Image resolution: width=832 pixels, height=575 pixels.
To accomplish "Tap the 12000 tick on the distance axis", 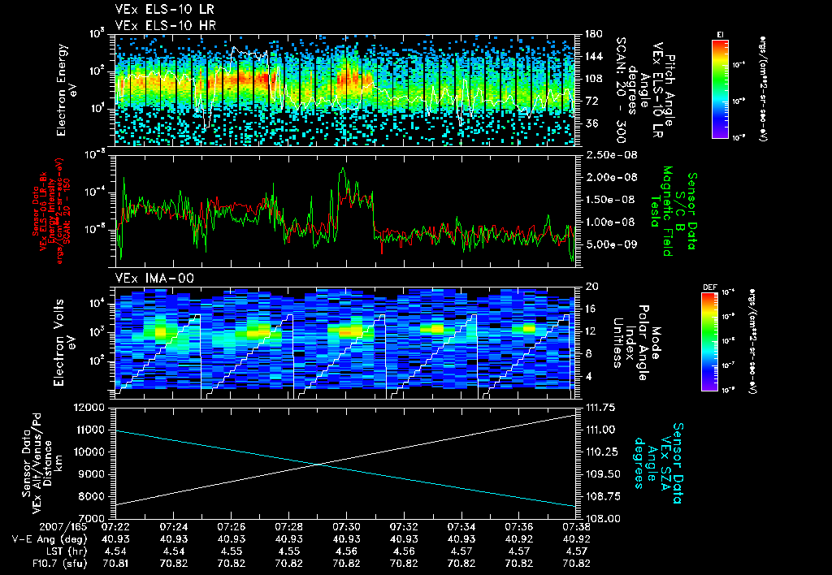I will tap(92, 407).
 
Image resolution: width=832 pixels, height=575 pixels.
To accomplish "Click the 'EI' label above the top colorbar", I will tap(720, 33).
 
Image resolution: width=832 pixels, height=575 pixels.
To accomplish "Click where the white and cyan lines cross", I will tap(318, 464).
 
